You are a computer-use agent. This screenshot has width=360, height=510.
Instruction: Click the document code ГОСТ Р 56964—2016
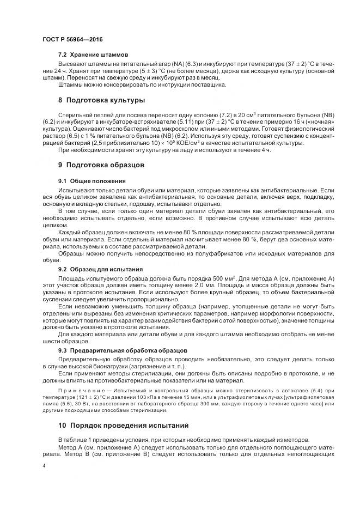72,40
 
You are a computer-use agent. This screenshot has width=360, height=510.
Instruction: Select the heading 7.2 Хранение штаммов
93,55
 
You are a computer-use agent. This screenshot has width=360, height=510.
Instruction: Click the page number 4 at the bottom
44,466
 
